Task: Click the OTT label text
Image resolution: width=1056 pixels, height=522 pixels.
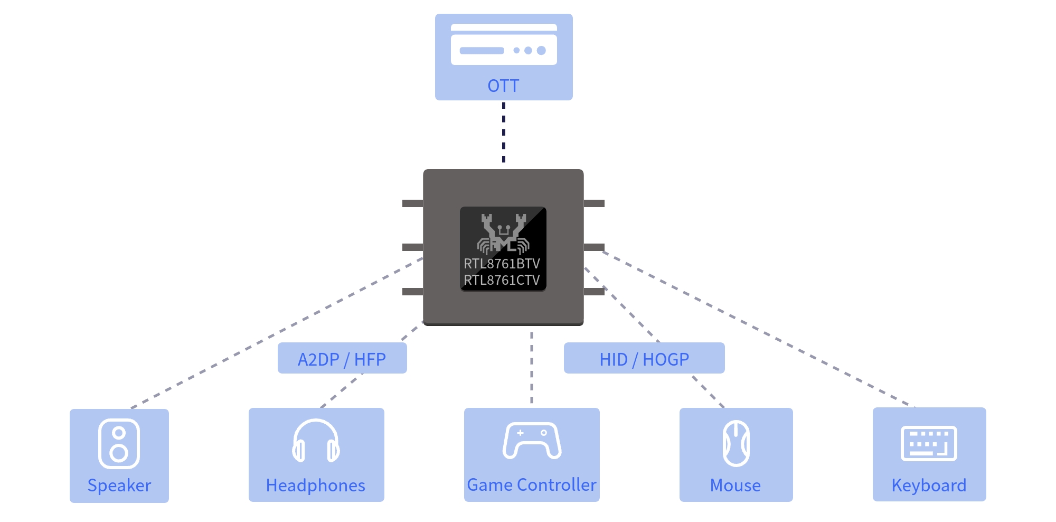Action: [x=503, y=86]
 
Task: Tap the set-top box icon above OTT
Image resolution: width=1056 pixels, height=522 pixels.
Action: [x=504, y=44]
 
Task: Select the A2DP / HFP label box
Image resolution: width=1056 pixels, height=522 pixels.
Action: [x=342, y=358]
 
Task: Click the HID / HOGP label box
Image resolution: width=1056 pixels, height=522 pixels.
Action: [x=644, y=358]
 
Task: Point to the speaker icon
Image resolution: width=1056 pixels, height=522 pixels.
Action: [x=119, y=444]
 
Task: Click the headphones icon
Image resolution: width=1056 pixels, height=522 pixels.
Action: [x=316, y=441]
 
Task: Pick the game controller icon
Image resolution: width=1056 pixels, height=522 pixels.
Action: [x=532, y=440]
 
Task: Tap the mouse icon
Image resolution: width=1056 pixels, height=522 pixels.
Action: [x=736, y=443]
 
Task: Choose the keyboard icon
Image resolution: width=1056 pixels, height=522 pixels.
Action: [x=929, y=443]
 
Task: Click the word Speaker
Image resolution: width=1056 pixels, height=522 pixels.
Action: [x=119, y=486]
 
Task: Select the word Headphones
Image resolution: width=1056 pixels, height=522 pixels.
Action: [x=316, y=486]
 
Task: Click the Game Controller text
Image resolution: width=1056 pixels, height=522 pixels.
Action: [x=532, y=484]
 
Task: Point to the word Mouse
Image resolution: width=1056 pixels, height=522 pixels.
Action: [x=736, y=486]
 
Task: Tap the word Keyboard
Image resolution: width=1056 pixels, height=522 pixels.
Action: [x=929, y=486]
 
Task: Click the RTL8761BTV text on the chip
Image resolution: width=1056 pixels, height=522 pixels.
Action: [x=502, y=264]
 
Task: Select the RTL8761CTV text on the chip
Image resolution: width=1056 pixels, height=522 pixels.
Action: [x=502, y=280]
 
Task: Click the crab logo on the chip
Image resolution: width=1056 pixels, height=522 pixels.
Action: [x=503, y=234]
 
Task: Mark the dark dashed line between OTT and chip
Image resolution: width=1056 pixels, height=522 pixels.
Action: [x=504, y=132]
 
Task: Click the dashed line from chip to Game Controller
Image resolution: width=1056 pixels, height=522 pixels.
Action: [x=532, y=368]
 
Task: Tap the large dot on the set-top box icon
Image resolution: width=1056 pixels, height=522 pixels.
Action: [x=541, y=51]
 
